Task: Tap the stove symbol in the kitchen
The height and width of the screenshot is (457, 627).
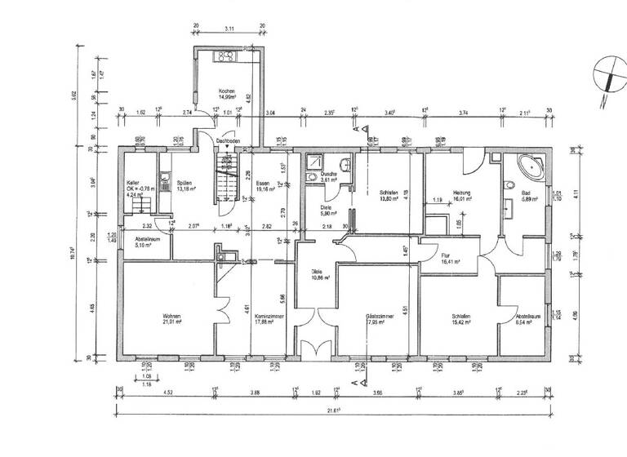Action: click(x=225, y=56)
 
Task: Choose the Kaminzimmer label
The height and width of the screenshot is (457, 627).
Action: click(x=262, y=318)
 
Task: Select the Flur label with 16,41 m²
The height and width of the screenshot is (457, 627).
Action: click(x=450, y=259)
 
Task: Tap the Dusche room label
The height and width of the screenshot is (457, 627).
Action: click(x=329, y=177)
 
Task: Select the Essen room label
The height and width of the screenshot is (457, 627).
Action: click(x=262, y=186)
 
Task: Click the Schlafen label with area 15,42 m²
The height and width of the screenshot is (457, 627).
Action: click(x=462, y=318)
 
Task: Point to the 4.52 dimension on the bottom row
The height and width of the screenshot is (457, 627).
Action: click(x=167, y=393)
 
